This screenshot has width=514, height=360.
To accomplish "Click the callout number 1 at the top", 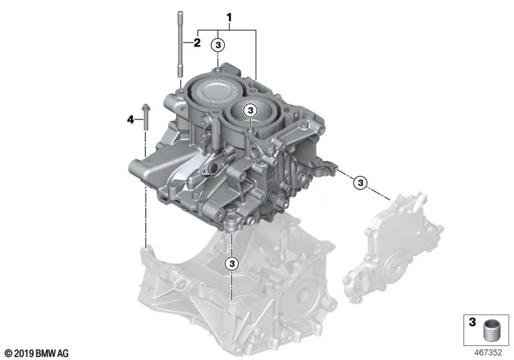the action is (x=229, y=17).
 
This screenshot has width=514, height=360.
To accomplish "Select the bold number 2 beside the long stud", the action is (x=197, y=42).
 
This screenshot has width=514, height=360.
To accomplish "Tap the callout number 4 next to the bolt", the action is (x=130, y=120).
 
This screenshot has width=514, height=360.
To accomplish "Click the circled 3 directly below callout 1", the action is (x=218, y=45).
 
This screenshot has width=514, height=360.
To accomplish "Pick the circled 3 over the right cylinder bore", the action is (x=251, y=111).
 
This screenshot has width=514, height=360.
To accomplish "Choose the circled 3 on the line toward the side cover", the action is (x=360, y=183).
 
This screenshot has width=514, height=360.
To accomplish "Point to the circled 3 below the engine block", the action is (x=232, y=264).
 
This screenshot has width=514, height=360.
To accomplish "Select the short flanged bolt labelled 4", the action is (x=145, y=118).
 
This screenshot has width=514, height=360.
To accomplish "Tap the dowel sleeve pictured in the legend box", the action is (x=491, y=331).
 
